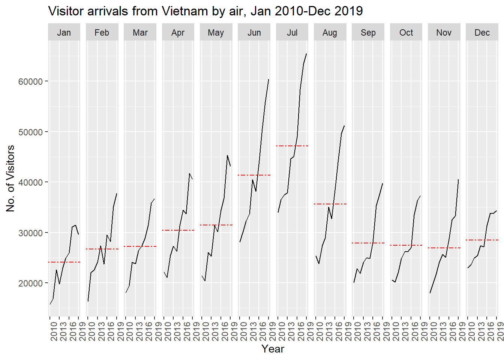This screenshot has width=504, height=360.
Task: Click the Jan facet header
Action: pyautogui.click(x=64, y=33)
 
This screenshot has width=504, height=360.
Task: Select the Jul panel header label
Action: pyautogui.click(x=292, y=33)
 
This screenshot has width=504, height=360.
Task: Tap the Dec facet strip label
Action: pyautogui.click(x=482, y=33)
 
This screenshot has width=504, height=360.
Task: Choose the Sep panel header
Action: pyautogui.click(x=368, y=33)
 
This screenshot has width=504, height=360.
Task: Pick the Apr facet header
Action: pyautogui.click(x=178, y=33)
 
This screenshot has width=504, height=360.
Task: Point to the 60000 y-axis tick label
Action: pyautogui.click(x=30, y=81)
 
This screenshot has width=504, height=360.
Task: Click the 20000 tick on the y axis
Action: pyautogui.click(x=30, y=283)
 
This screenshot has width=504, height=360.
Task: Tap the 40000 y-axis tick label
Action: pyautogui.click(x=30, y=183)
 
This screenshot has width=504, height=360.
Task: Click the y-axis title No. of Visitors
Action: pyautogui.click(x=10, y=178)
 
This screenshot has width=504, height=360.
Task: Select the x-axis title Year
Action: pyautogui.click(x=273, y=349)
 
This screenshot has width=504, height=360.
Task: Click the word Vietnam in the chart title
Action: pyautogui.click(x=185, y=11)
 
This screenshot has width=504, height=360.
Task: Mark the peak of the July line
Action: pyautogui.click(x=306, y=54)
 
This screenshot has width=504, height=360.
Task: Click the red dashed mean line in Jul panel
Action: pyautogui.click(x=292, y=146)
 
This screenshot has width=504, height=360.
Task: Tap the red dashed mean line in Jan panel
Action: pyautogui.click(x=64, y=262)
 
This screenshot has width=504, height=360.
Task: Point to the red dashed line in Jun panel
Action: pyautogui.click(x=254, y=175)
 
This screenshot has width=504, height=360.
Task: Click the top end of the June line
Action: pyautogui.click(x=268, y=79)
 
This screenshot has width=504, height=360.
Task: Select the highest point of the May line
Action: pyautogui.click(x=227, y=156)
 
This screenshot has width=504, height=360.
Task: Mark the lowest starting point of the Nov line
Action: pyautogui.click(x=430, y=293)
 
